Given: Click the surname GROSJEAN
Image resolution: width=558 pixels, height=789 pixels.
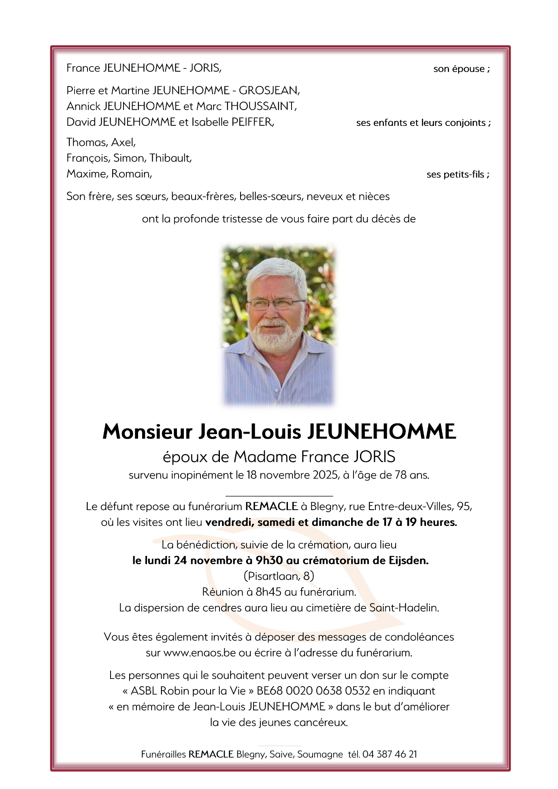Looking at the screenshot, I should click(269, 90).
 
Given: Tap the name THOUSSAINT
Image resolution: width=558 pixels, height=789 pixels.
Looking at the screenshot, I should click(260, 106).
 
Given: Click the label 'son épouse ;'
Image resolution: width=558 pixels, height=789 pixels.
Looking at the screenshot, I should click(461, 69).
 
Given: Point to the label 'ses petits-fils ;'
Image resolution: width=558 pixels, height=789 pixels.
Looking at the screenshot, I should click(458, 174).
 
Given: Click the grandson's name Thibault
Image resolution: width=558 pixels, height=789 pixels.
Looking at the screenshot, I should click(170, 158).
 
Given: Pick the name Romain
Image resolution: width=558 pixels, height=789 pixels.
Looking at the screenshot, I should click(132, 174).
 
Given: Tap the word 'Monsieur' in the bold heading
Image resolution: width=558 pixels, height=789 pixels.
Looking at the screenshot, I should click(147, 432).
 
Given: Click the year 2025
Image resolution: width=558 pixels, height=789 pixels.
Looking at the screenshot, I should click(326, 475).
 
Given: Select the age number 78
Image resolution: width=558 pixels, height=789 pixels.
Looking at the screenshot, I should click(400, 475).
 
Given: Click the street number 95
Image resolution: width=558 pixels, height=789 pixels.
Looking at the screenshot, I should click(464, 506).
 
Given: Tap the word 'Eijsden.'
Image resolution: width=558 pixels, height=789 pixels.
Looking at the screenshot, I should click(409, 561).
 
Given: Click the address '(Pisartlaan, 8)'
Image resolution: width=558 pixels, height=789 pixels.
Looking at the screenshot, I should click(279, 576).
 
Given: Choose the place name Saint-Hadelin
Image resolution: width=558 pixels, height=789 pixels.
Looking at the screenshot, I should click(404, 608).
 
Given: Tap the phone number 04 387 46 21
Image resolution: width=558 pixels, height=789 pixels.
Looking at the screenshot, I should click(390, 754).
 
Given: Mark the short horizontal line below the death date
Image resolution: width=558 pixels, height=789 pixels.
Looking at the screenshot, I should click(279, 496).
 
